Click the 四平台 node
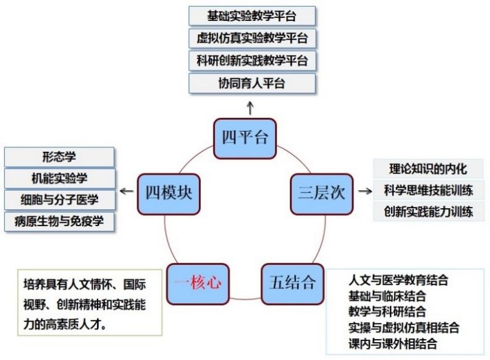pyautogui.click(x=245, y=136)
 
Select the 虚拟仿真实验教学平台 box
pyautogui.click(x=251, y=38)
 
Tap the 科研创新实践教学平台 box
pyautogui.click(x=251, y=61)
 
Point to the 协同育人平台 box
pyautogui.click(x=251, y=83)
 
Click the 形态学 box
pyautogui.click(x=59, y=156)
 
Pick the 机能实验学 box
pyautogui.click(x=59, y=178)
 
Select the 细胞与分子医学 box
pyautogui.click(x=59, y=200)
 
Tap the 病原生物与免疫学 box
pyautogui.click(x=59, y=222)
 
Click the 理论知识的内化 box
pyautogui.click(x=428, y=169)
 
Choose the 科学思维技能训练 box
pyautogui.click(x=428, y=190)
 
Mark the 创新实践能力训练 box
pyautogui.click(x=428, y=212)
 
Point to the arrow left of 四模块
pyautogui.click(x=126, y=191)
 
